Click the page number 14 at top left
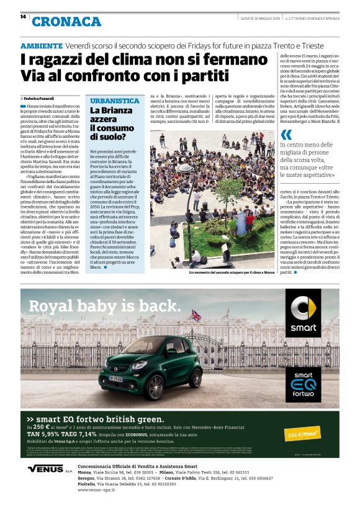[x=23, y=17]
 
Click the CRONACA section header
[x=66, y=22]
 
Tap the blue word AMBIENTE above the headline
[x=41, y=46]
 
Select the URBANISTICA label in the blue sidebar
[x=115, y=101]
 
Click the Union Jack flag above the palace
[x=196, y=315]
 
